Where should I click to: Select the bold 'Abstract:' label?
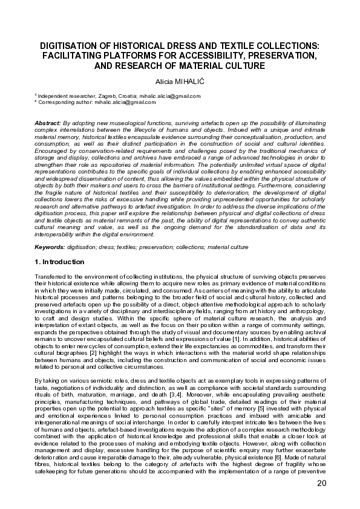pos(48,123)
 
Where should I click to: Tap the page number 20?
pos(321,484)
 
